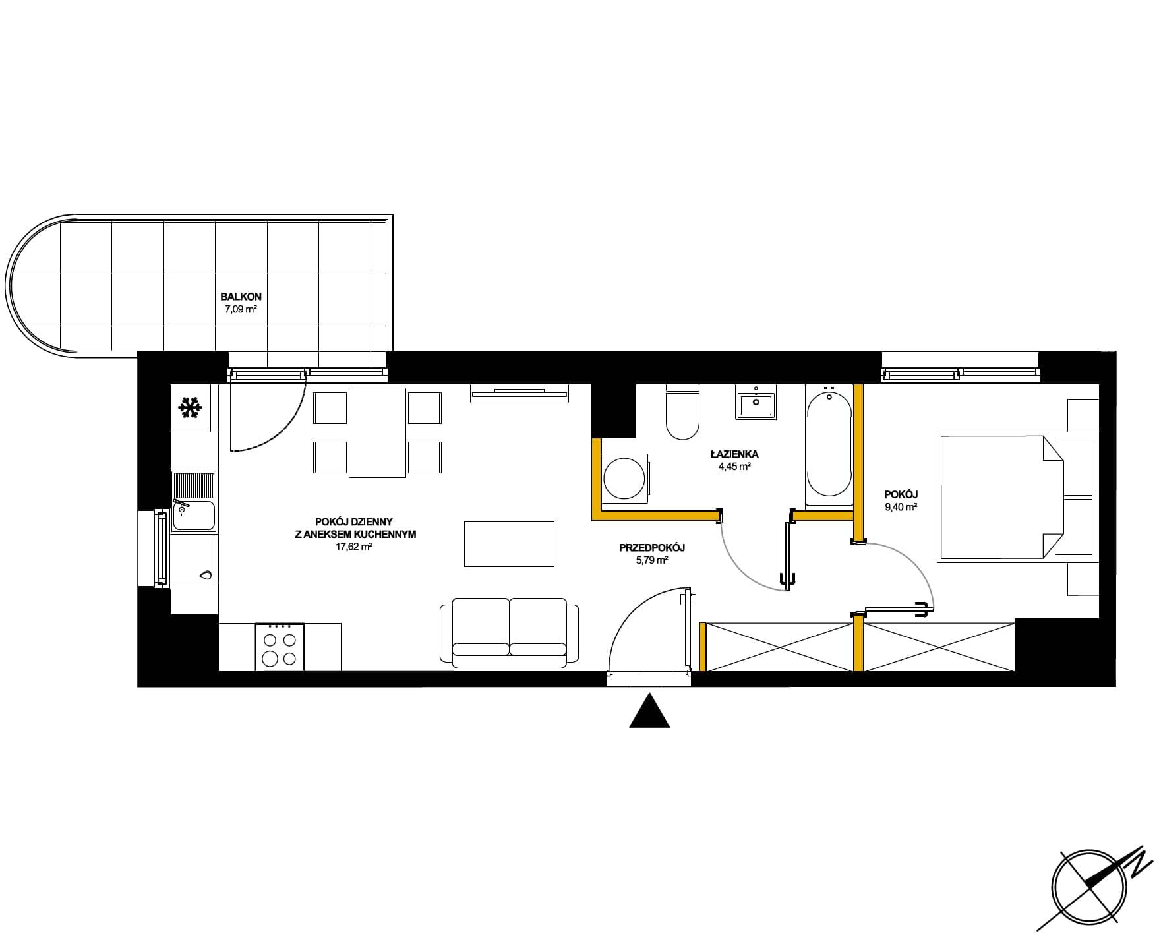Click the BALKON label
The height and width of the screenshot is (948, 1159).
(236, 297)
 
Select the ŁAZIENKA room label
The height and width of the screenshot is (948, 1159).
(734, 454)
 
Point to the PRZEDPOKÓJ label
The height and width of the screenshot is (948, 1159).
(652, 548)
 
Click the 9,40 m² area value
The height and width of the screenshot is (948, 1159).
(903, 507)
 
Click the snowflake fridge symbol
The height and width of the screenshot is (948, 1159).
(191, 408)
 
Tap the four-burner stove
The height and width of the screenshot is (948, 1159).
(280, 647)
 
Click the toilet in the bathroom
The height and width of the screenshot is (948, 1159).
(682, 413)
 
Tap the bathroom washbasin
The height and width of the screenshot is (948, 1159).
(756, 402)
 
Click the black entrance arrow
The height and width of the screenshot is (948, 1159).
(649, 711)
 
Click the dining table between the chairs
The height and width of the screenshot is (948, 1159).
(377, 432)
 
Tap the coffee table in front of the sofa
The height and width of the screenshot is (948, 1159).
(509, 544)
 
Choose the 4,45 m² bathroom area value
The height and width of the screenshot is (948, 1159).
(734, 467)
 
